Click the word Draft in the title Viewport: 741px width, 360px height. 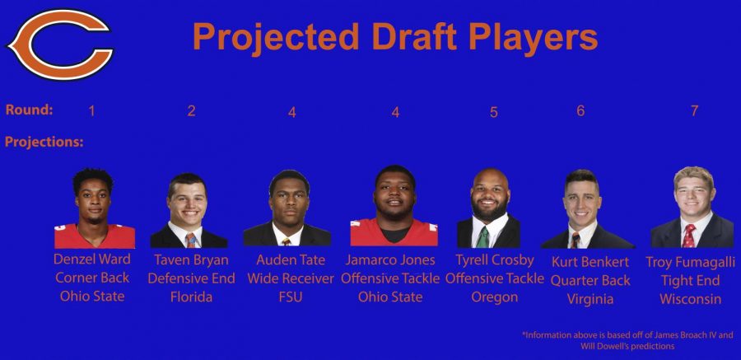416,37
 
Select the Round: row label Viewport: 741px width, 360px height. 29,110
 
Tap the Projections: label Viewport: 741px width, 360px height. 44,142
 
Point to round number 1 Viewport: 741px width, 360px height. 91,110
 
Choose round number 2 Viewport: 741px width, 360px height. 191,110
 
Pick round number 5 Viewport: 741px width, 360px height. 494,112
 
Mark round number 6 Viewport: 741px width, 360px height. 580,110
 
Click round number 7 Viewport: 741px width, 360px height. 694,110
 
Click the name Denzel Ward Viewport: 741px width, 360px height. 92,259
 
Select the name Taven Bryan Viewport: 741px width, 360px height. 191,260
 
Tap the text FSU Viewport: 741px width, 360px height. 291,297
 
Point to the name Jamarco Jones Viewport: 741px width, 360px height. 390,259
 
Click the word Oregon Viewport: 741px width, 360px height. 494,297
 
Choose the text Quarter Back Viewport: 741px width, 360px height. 590,280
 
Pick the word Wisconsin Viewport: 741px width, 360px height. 691,299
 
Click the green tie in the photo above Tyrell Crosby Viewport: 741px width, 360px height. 482,237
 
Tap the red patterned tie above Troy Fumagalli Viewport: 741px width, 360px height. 689,236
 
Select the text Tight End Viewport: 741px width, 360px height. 691,281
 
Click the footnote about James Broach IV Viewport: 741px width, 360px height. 628,340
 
